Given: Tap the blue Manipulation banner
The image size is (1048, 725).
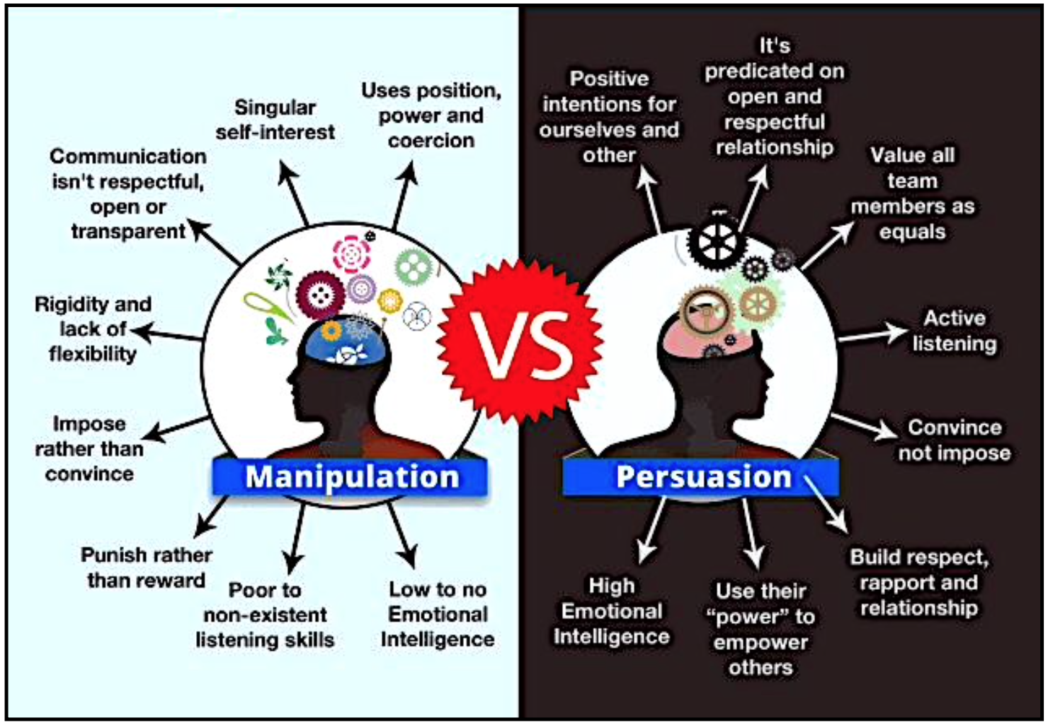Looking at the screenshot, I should tap(351, 476).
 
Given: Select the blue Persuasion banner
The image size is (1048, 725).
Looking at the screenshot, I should tap(701, 476).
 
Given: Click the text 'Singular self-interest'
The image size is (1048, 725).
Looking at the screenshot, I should tap(275, 120).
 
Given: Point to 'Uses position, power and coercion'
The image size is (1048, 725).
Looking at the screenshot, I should tap(431, 115).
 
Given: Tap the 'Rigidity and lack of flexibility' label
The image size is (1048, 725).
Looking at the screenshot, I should tap(93, 329).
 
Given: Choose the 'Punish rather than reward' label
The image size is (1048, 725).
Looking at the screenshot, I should tap(146, 568).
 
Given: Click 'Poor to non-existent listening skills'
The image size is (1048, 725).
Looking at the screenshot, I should tap(265, 615).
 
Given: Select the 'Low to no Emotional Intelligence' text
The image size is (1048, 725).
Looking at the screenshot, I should tap(438, 614).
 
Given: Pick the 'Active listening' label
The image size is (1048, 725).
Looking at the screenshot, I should tap(954, 331).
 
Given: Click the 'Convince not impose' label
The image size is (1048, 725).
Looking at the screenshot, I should tap(954, 440).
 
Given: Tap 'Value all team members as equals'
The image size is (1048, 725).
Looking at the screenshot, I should tap(912, 193).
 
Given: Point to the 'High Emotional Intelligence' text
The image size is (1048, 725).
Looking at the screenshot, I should tap(611, 611).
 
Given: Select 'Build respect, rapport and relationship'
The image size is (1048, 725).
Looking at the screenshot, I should tap(918, 582).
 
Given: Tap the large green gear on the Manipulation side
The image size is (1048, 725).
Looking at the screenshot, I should tap(413, 267).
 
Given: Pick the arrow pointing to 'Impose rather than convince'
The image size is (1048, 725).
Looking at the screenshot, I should tap(177, 427).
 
